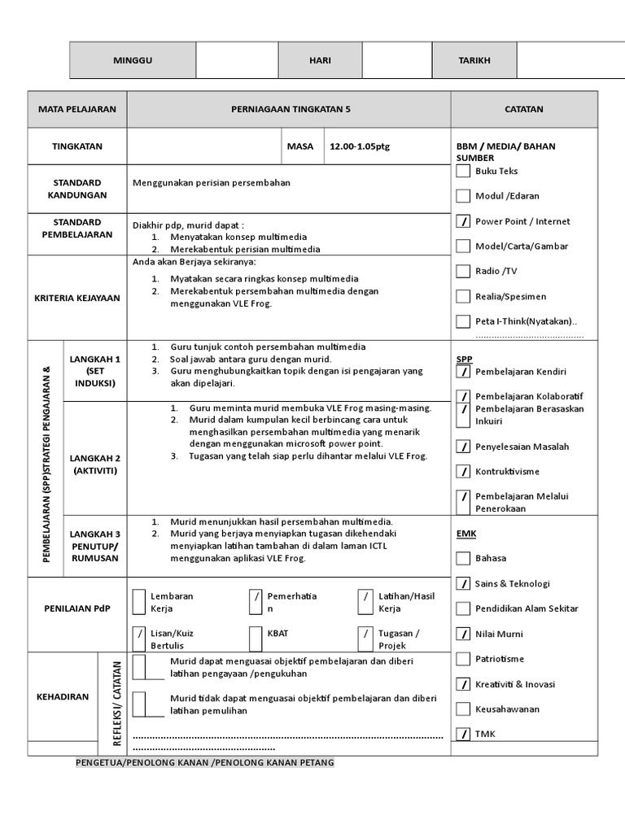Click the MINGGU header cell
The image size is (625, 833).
pyautogui.click(x=133, y=61)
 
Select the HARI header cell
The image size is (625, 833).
pyautogui.click(x=320, y=61)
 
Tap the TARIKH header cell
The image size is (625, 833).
pyautogui.click(x=475, y=61)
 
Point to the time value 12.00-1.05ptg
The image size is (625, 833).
pyautogui.click(x=360, y=146)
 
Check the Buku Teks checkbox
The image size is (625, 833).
pyautogui.click(x=463, y=171)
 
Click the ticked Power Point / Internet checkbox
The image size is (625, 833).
pyautogui.click(x=463, y=221)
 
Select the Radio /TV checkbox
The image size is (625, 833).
pyautogui.click(x=463, y=271)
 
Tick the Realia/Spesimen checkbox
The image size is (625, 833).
pyautogui.click(x=463, y=296)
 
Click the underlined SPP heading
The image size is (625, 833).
pyautogui.click(x=464, y=358)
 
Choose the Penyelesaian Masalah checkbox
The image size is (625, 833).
pyautogui.click(x=463, y=447)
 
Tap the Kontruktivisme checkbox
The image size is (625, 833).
pyautogui.click(x=463, y=471)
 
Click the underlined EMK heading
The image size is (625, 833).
pyautogui.click(x=465, y=533)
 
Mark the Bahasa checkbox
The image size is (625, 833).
pyautogui.click(x=463, y=558)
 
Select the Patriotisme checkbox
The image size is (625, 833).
pyautogui.click(x=463, y=659)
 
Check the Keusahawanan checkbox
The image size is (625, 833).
pyautogui.click(x=463, y=709)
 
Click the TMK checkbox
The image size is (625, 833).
pyautogui.click(x=463, y=734)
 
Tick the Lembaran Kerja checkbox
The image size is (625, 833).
pyautogui.click(x=139, y=601)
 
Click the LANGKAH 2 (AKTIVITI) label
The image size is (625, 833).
pyautogui.click(x=95, y=464)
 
